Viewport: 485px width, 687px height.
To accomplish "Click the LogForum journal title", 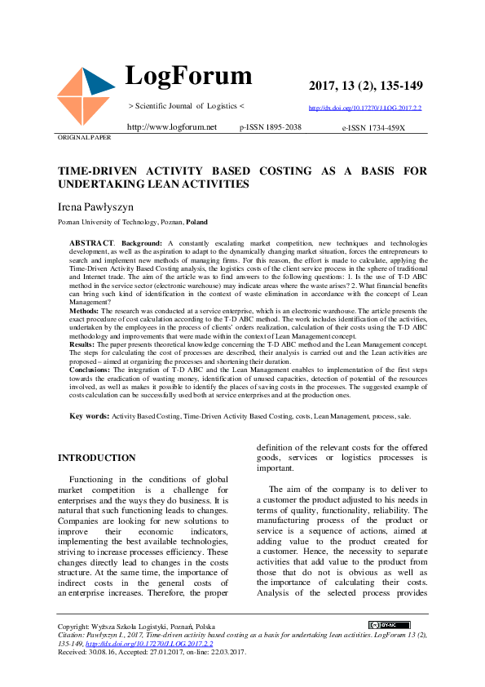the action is pyautogui.click(x=188, y=77).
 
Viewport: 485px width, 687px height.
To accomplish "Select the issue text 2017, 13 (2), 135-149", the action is pyautogui.click(x=365, y=86).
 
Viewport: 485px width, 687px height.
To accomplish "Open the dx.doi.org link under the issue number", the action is pyautogui.click(x=364, y=108).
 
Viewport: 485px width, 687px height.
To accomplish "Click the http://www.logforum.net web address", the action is pyautogui.click(x=172, y=127).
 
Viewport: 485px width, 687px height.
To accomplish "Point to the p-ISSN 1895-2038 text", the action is pyautogui.click(x=271, y=127).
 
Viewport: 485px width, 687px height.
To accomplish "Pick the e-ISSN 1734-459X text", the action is pyautogui.click(x=373, y=127).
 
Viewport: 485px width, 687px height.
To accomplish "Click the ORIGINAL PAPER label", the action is pyautogui.click(x=84, y=137).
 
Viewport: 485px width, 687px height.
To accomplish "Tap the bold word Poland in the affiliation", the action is pyautogui.click(x=196, y=222).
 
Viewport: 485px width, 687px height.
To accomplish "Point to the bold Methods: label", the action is pyautogui.click(x=85, y=311).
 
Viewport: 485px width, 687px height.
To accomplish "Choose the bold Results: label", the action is pyautogui.click(x=83, y=345).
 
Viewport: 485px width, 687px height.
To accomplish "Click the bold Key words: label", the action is pyautogui.click(x=90, y=416).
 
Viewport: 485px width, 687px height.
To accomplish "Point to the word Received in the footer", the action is pyautogui.click(x=73, y=652).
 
